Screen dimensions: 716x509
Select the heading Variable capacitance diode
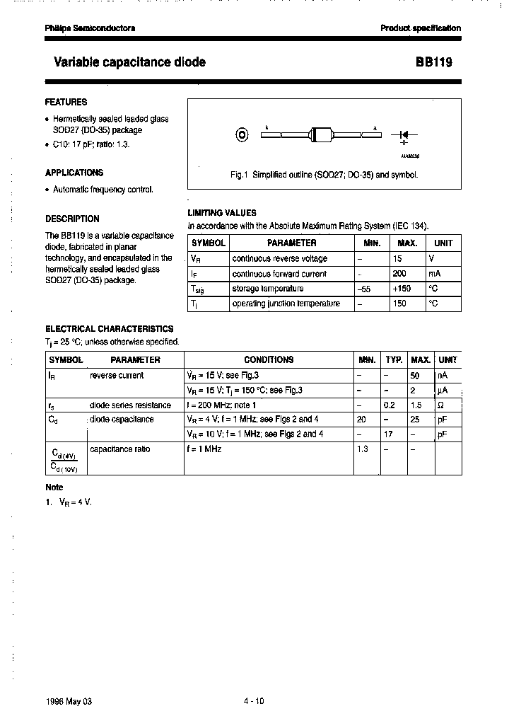[129, 62]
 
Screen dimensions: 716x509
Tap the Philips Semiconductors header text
[90, 28]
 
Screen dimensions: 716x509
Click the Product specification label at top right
[421, 28]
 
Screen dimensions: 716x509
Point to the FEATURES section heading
[66, 102]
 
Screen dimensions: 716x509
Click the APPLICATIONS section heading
[74, 173]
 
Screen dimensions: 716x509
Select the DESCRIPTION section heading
[72, 219]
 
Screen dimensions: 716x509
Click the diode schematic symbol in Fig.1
[408, 134]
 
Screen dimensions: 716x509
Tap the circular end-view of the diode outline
[242, 134]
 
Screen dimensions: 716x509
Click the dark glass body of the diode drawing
[321, 134]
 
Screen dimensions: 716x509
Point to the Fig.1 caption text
[325, 174]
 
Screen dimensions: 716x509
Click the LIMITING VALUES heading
[222, 212]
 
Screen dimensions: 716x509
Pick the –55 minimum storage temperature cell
[365, 289]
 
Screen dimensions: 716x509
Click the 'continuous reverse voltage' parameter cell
[279, 259]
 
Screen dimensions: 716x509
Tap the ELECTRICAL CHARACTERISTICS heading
[110, 328]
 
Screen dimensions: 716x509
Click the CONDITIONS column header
[269, 360]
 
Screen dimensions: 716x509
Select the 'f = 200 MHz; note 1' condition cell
[221, 405]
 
